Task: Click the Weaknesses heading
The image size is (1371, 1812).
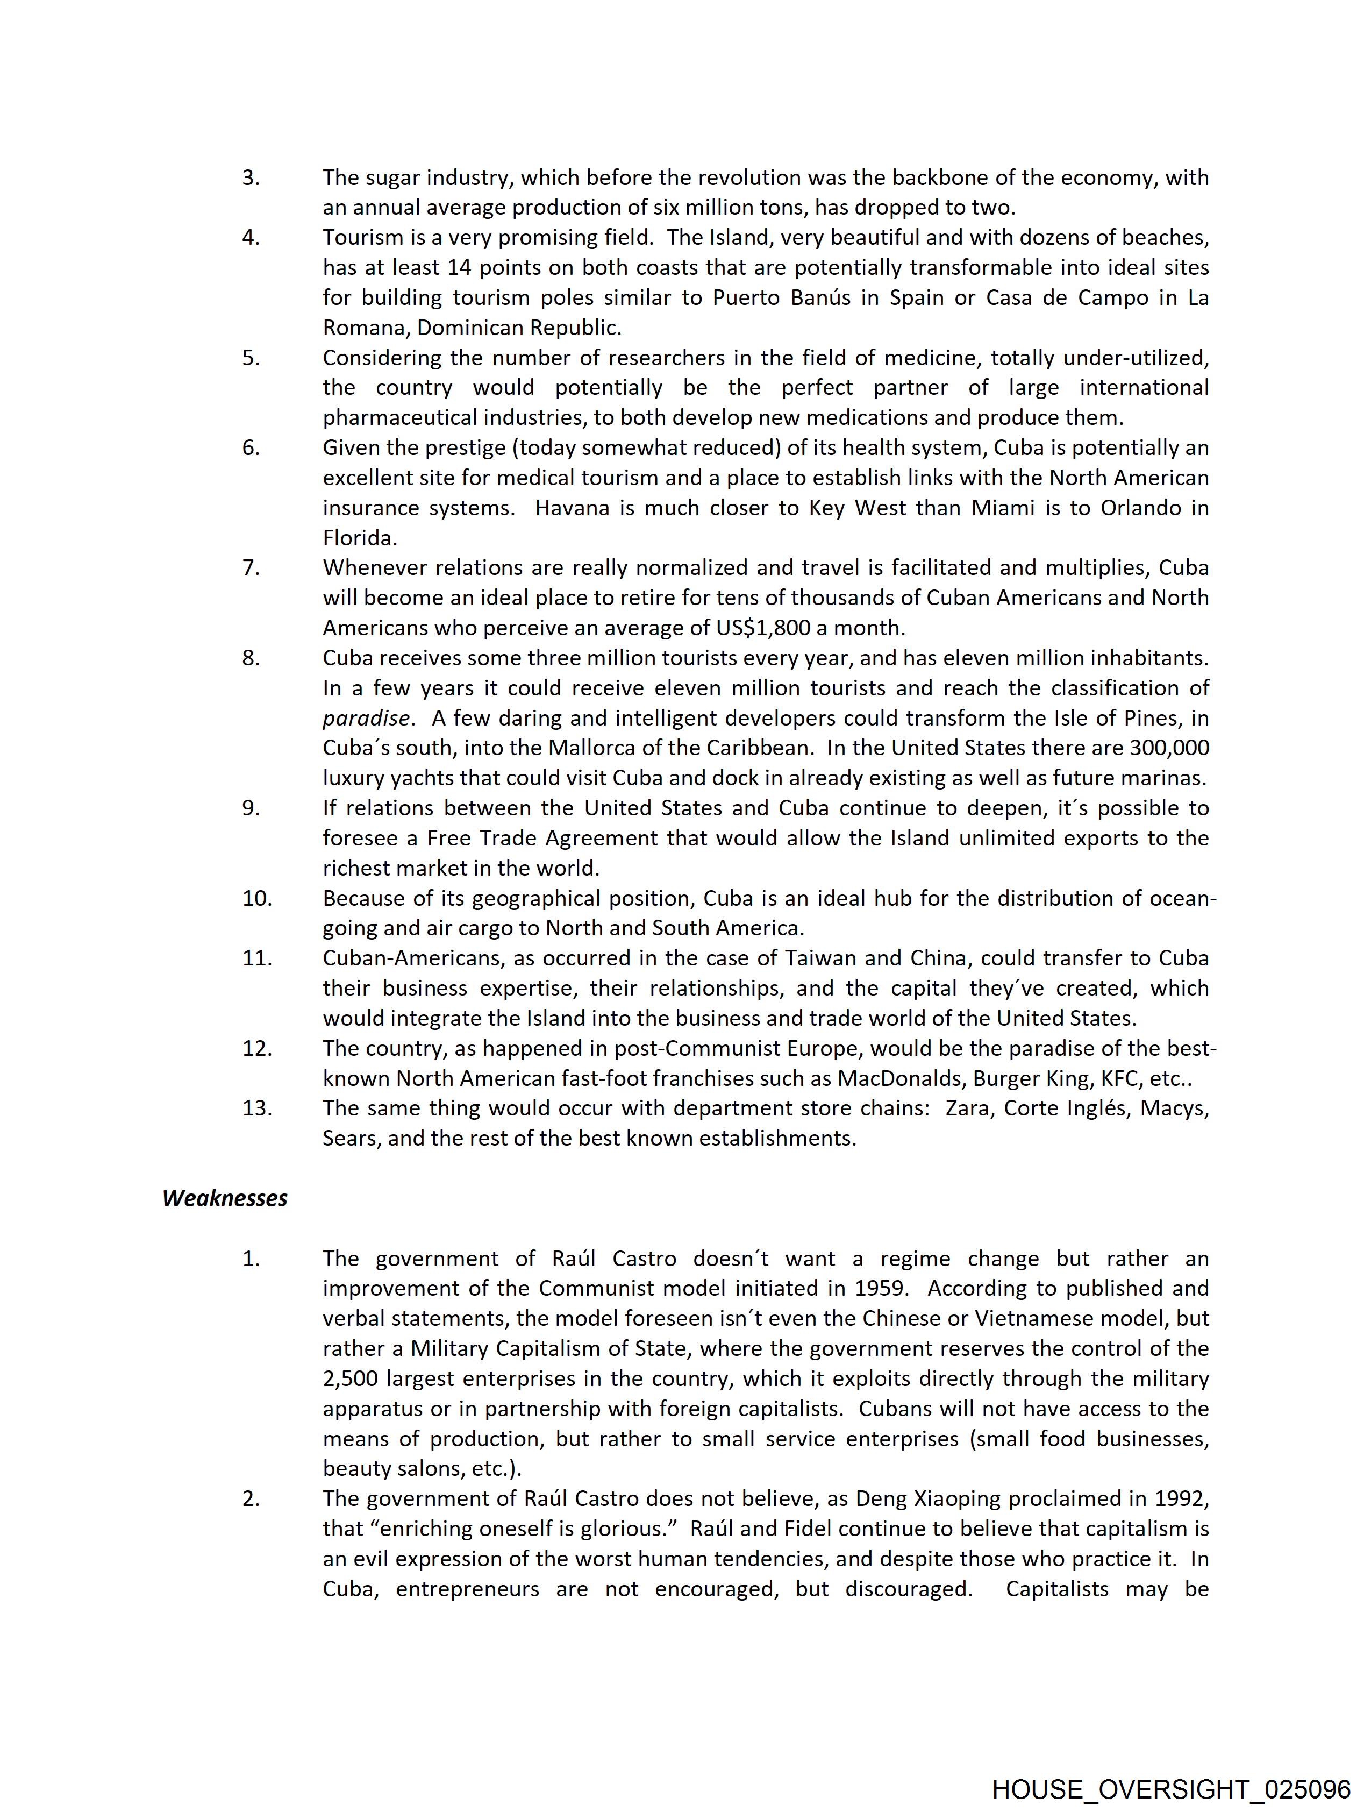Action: (224, 1198)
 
